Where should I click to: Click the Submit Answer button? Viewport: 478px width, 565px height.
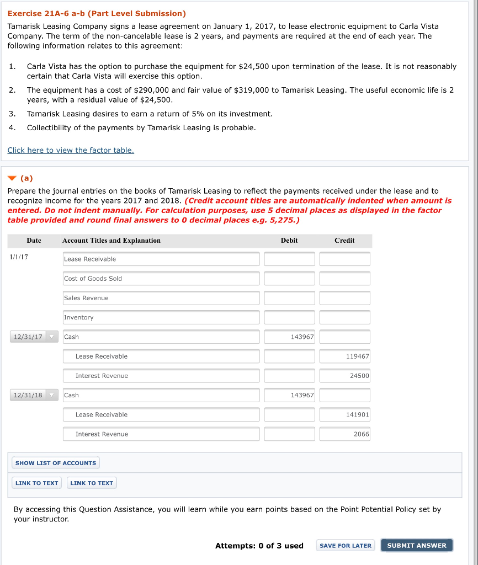point(417,545)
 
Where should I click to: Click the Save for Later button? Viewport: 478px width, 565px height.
point(346,545)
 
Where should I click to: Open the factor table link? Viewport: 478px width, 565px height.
point(71,150)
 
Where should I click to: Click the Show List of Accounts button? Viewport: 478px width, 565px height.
point(56,463)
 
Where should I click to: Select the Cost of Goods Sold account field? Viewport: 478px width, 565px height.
point(161,279)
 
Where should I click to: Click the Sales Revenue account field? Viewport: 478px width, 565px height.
point(161,298)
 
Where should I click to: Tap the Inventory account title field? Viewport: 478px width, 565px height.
point(161,317)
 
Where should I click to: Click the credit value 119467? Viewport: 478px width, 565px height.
point(345,356)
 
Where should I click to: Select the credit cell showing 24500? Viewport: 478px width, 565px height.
point(345,376)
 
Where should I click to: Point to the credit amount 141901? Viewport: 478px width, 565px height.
point(345,414)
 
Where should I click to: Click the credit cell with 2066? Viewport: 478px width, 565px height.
point(345,434)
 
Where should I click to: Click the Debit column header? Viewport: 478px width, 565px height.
point(289,241)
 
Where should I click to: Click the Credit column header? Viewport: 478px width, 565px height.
point(344,241)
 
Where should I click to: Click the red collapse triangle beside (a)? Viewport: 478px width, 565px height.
point(13,178)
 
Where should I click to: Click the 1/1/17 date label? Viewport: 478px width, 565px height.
point(19,257)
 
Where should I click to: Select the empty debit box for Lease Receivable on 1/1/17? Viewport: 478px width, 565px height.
point(289,259)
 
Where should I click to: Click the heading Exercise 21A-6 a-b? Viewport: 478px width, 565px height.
point(97,13)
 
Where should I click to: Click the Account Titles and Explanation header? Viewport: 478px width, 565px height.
point(111,241)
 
